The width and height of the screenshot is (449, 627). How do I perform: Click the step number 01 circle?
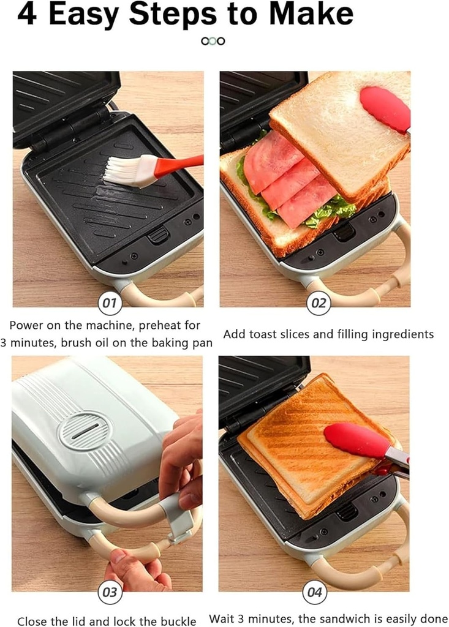tap(110, 303)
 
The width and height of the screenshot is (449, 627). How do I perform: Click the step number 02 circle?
tap(319, 303)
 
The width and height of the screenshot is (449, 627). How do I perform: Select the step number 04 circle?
tap(314, 592)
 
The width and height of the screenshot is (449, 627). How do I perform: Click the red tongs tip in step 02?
tap(385, 107)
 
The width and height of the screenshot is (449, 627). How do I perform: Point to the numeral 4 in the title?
tap(26, 15)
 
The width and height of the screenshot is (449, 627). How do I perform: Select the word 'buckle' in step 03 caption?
tap(178, 620)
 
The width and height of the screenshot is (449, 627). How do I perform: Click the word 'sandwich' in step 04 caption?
tap(342, 619)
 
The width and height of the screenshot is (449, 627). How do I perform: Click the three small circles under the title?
tap(213, 41)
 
